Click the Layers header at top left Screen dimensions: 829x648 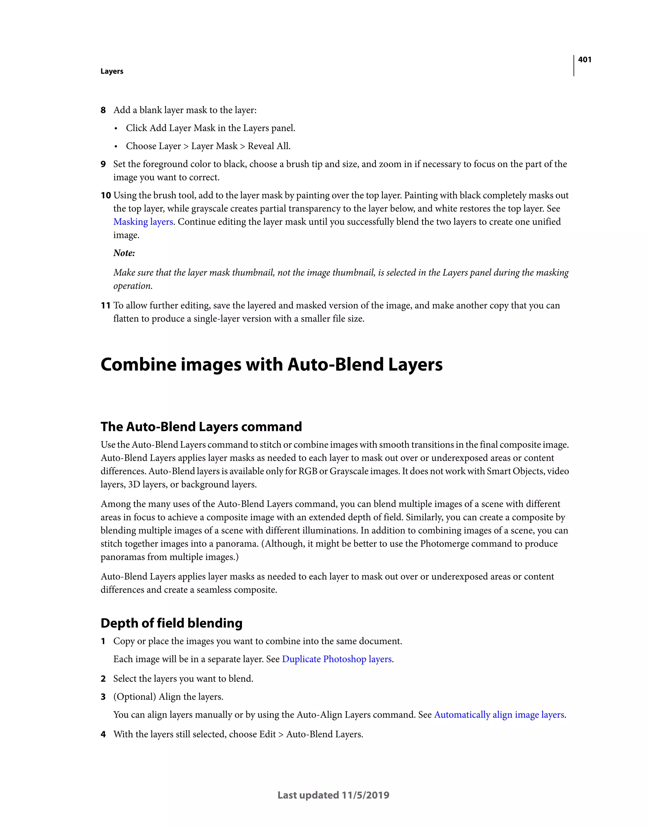[x=112, y=72]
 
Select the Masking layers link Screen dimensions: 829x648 [x=143, y=222]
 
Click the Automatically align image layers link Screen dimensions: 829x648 [x=499, y=715]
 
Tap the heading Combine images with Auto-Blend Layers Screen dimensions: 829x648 [x=271, y=365]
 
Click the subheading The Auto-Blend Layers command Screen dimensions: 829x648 [x=201, y=427]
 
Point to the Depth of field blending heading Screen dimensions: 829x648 [x=171, y=623]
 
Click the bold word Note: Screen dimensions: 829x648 [x=124, y=253]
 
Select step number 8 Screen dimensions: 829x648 [x=103, y=110]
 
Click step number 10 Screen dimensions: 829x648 [x=106, y=196]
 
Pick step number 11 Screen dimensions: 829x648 [x=106, y=306]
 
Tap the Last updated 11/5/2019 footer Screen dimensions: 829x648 [x=333, y=795]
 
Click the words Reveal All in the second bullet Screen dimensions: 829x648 [x=269, y=146]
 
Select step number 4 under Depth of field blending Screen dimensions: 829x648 [x=103, y=734]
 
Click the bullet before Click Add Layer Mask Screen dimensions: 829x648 [x=116, y=129]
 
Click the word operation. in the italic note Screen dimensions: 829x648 [x=133, y=286]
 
